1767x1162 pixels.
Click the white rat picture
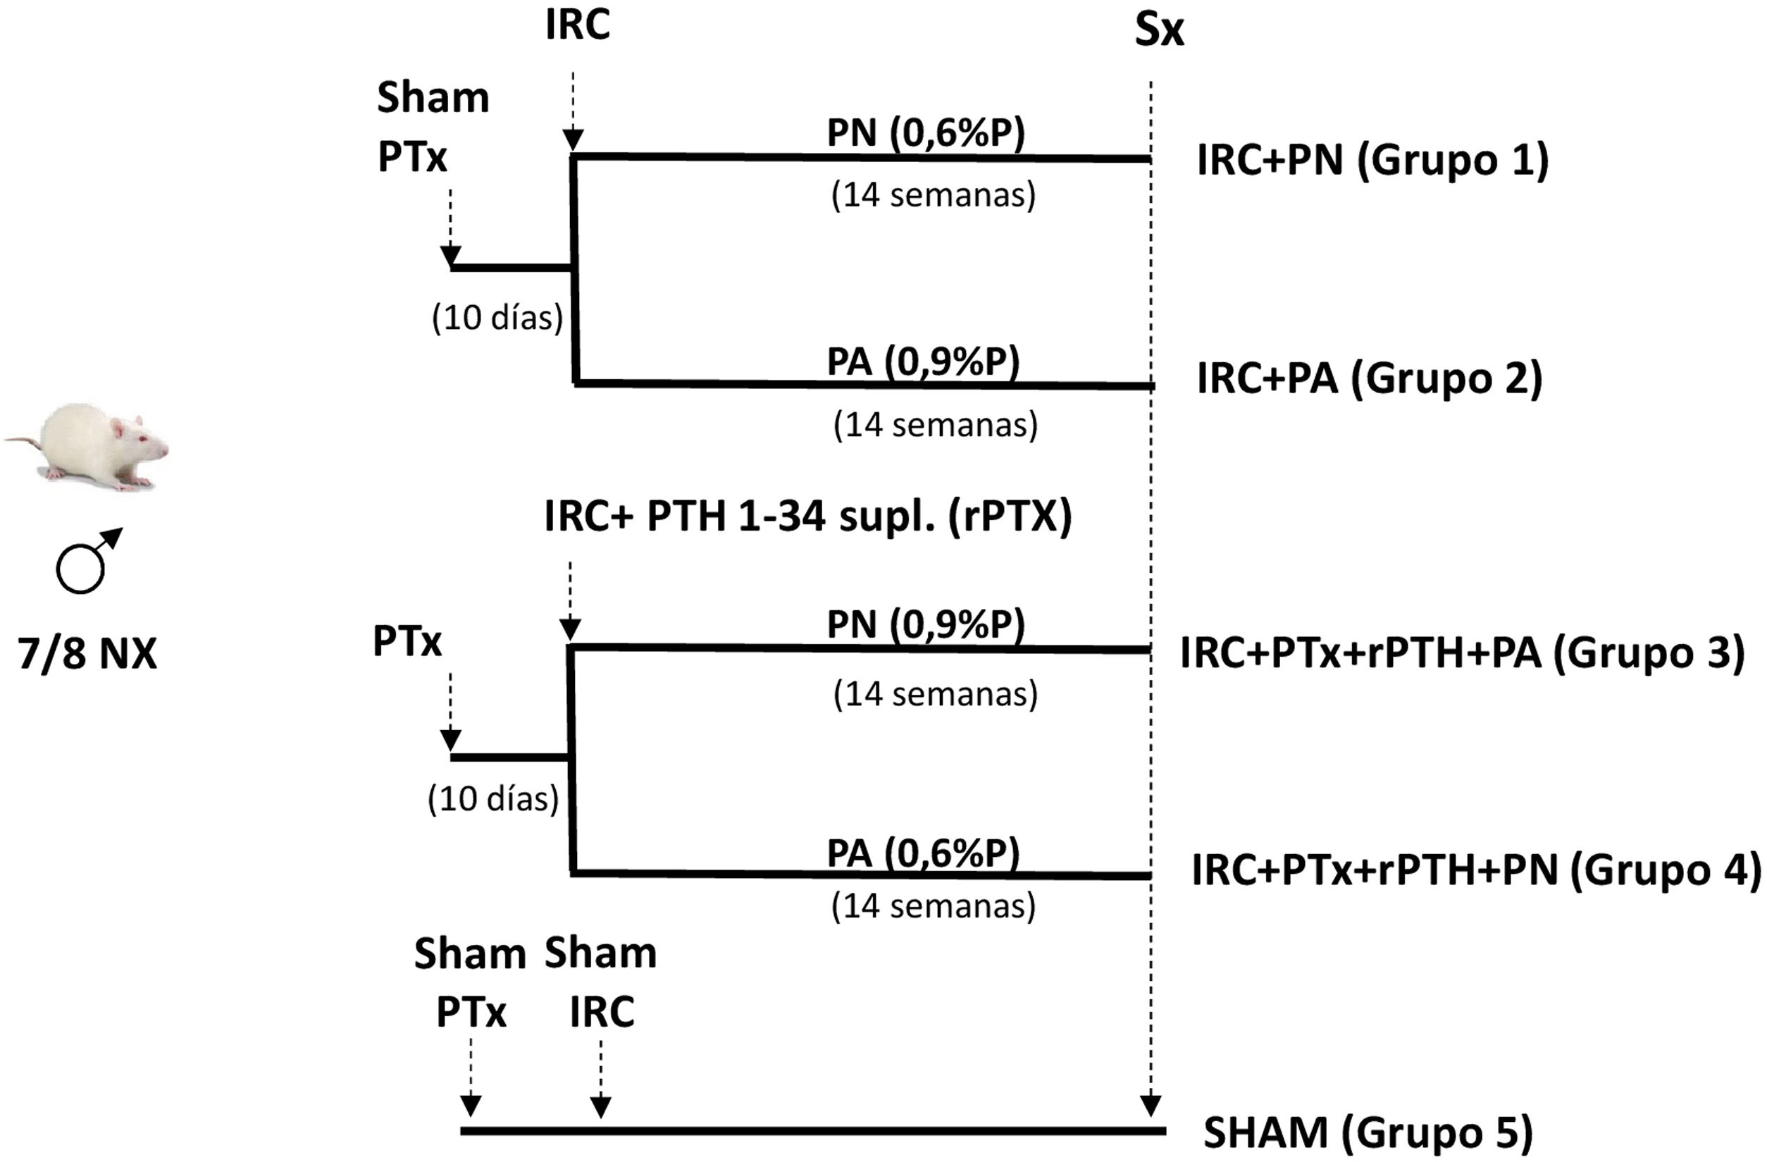coord(89,445)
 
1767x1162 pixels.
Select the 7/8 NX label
coord(87,654)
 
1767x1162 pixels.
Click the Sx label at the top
coord(1159,31)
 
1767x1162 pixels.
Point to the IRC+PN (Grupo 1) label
coord(1372,161)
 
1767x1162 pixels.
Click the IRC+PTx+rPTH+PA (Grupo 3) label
coord(1462,653)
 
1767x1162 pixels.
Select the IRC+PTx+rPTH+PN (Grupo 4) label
coord(1476,870)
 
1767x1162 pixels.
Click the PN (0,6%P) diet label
coord(926,134)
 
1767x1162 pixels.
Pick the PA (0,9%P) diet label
coord(924,362)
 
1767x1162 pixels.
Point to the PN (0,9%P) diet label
coord(926,624)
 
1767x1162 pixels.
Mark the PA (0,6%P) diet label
coord(924,853)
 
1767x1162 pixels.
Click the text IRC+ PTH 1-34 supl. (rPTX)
coord(808,516)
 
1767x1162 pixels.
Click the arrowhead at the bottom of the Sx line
coord(1150,1106)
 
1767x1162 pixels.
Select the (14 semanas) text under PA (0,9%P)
coord(936,426)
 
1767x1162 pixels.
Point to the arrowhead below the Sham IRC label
coord(601,1107)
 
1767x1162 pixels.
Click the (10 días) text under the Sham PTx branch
coord(497,318)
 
